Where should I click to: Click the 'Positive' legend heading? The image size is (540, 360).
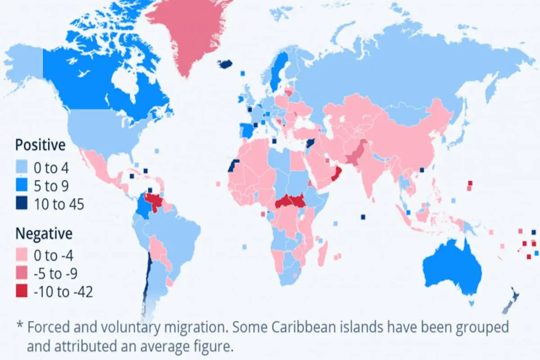[40, 145]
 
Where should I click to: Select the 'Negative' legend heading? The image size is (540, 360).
[44, 234]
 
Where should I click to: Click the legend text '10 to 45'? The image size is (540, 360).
[59, 204]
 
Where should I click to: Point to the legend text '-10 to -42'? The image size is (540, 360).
[63, 292]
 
